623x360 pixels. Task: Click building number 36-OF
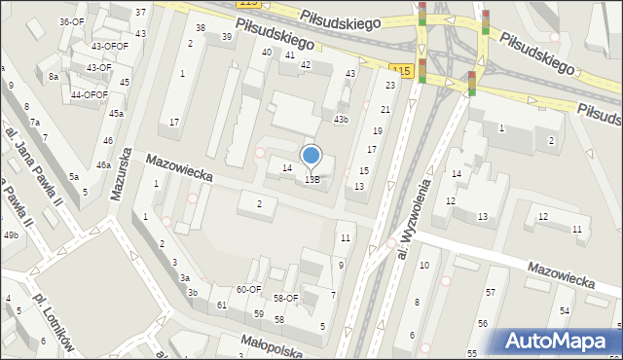tap(71, 21)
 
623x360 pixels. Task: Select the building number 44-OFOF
tap(90, 94)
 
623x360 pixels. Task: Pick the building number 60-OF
tap(248, 289)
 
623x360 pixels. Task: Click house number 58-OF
tap(285, 299)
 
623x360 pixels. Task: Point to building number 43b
tap(341, 119)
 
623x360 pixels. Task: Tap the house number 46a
tap(102, 165)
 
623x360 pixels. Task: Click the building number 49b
tap(11, 235)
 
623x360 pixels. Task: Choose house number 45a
tap(116, 114)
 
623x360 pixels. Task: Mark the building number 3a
tap(184, 278)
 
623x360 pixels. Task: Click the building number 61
tap(222, 306)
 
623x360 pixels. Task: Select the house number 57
tap(491, 293)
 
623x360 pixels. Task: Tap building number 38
tap(201, 28)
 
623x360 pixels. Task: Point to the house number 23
tap(389, 86)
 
